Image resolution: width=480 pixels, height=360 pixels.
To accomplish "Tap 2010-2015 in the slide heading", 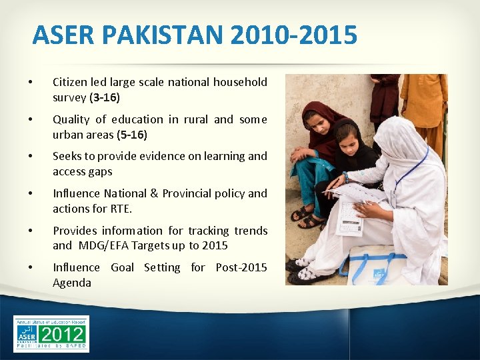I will click(294, 35).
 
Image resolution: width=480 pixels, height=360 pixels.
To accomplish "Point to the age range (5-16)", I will click(132, 135).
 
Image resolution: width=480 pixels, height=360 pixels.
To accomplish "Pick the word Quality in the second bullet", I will click(71, 119).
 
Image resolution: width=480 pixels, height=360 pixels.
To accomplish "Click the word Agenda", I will click(72, 283).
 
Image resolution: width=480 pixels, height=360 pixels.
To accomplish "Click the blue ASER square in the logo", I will click(27, 333).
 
